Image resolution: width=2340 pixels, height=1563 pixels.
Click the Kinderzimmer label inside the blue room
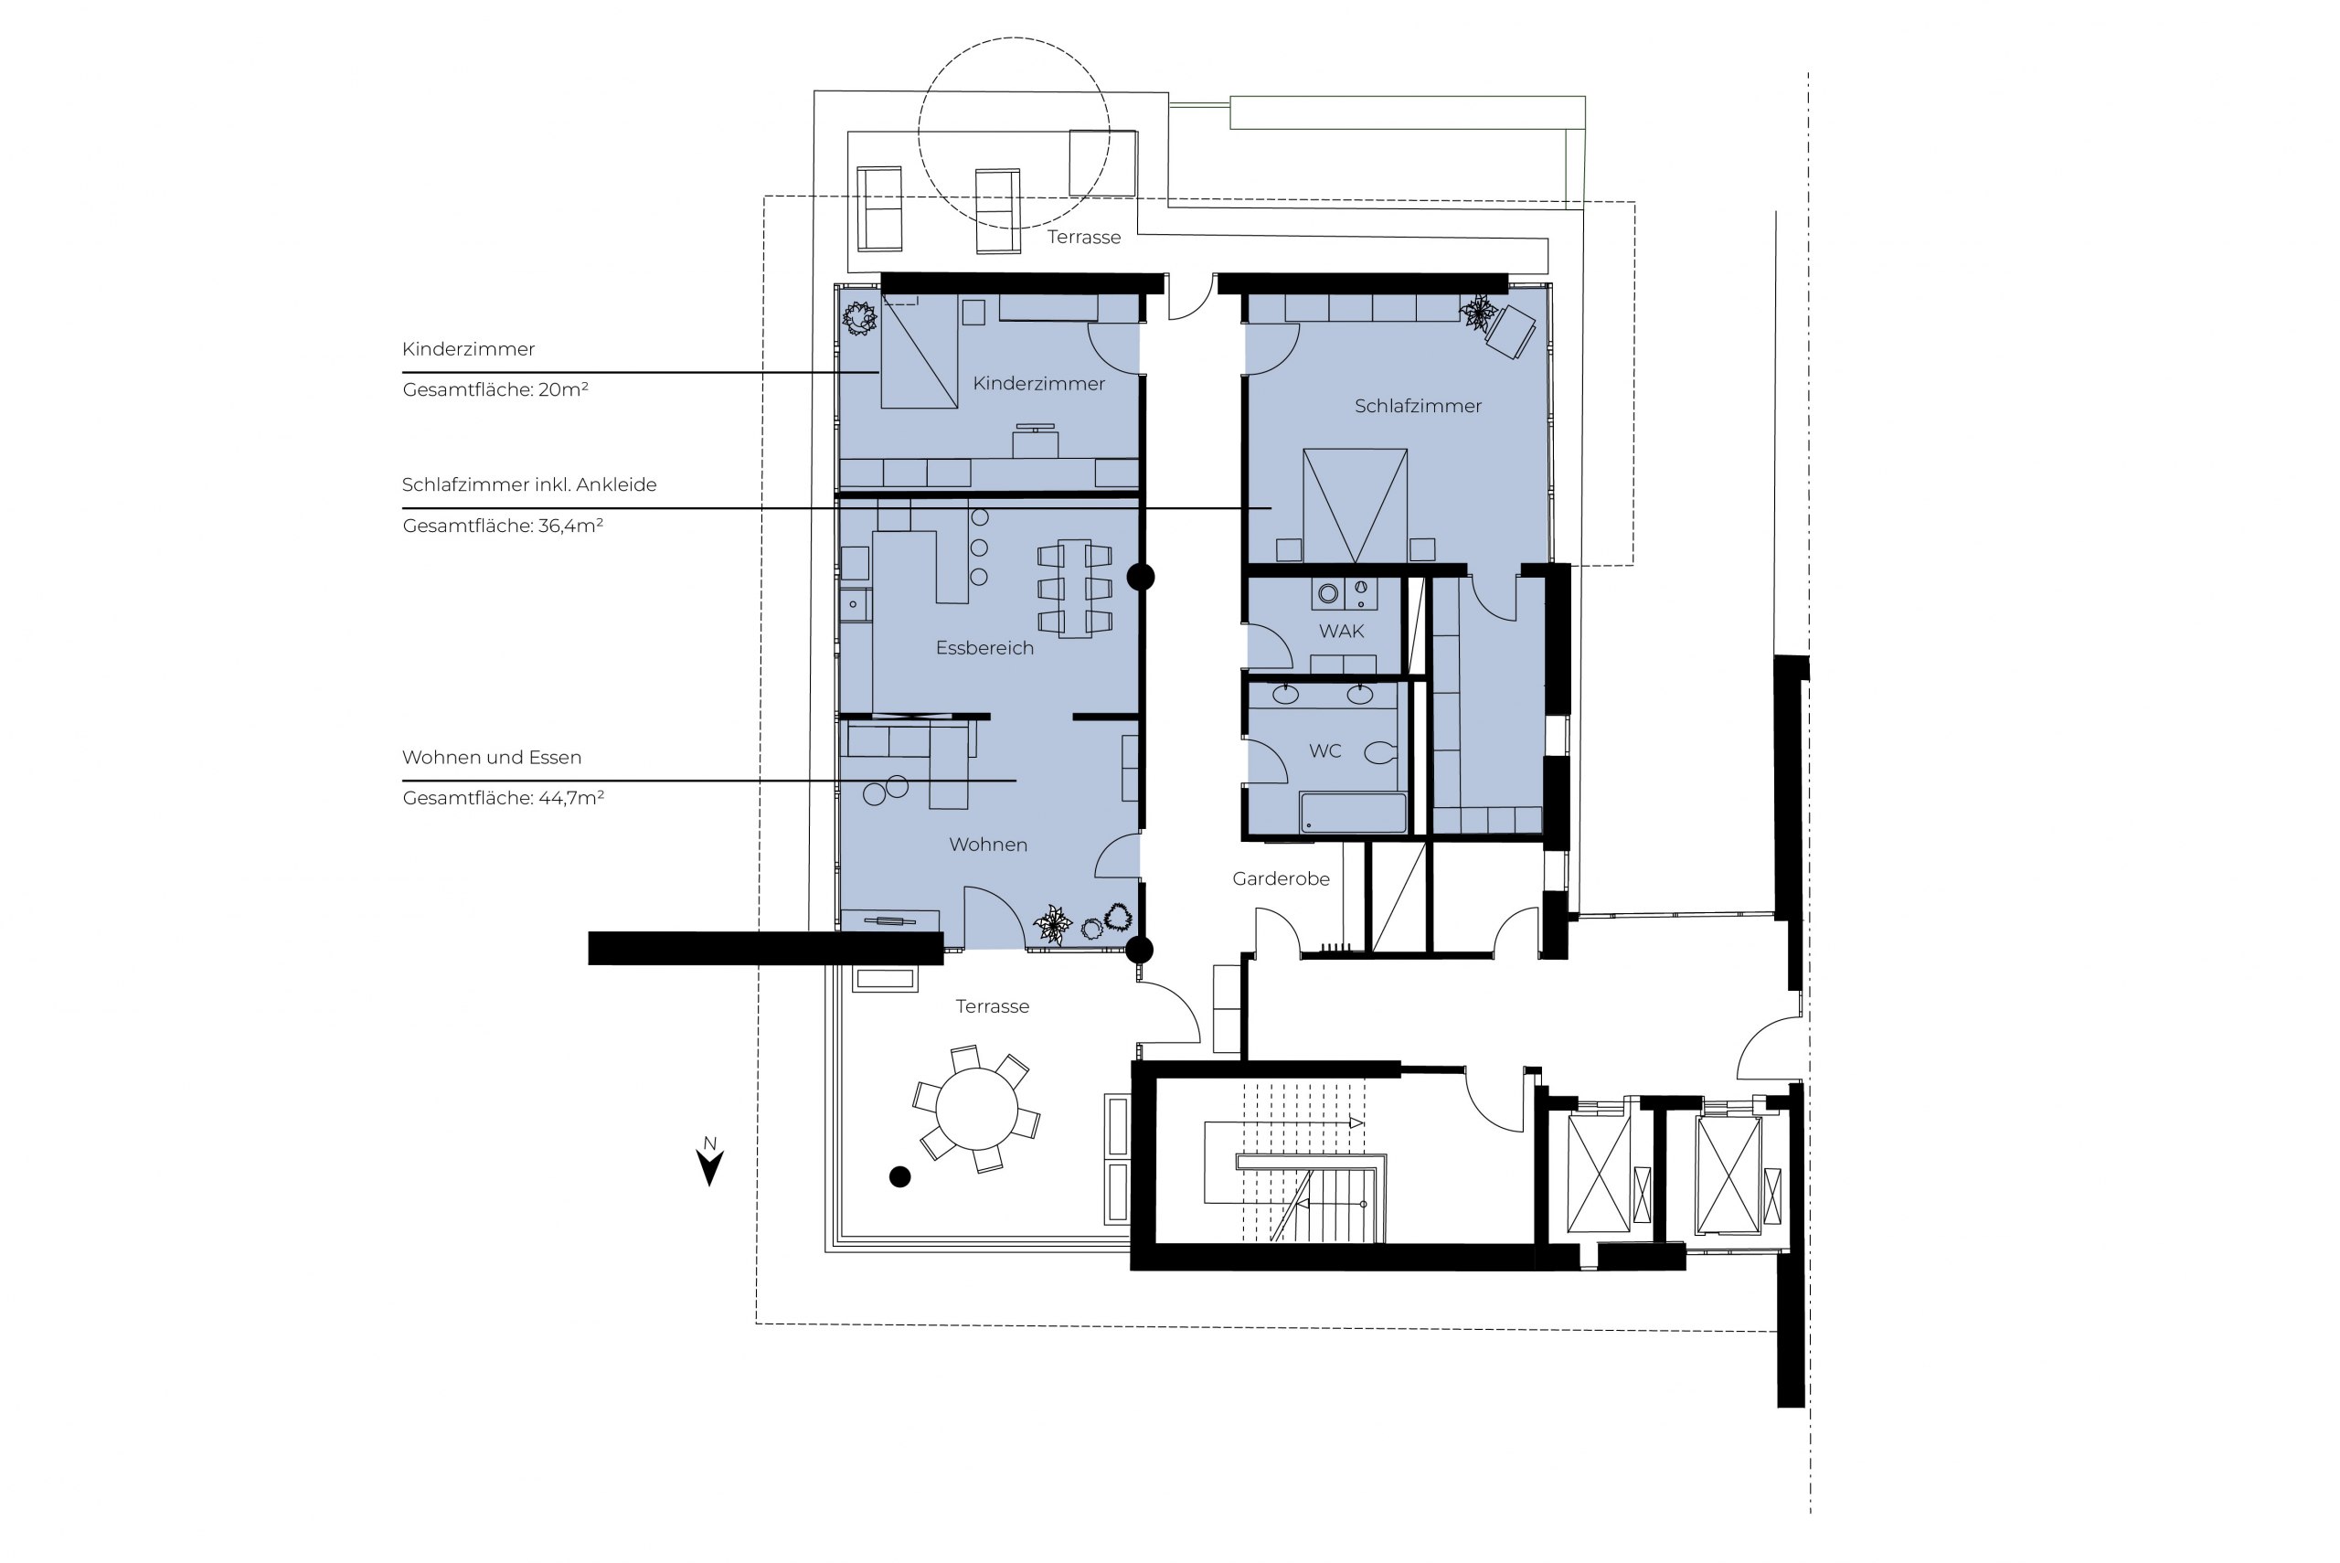(x=1038, y=384)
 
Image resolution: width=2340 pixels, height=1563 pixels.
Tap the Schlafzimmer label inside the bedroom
(x=1417, y=406)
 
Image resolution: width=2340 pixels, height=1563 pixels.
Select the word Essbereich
(x=984, y=648)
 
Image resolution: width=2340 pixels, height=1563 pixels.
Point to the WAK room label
(x=1342, y=631)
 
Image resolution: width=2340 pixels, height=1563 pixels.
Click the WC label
(x=1324, y=750)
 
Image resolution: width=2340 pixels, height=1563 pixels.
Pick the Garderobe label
(x=1281, y=878)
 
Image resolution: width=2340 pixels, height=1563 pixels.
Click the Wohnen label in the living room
(x=987, y=845)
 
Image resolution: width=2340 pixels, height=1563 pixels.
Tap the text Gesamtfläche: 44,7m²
(x=504, y=797)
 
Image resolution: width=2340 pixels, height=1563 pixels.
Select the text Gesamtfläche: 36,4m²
(x=503, y=526)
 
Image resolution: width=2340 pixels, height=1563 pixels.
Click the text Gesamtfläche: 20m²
(x=495, y=388)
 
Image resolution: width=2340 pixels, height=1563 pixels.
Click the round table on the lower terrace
(x=976, y=1109)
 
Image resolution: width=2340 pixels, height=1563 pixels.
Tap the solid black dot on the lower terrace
(x=900, y=1177)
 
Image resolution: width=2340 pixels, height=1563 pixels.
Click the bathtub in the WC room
(x=1354, y=813)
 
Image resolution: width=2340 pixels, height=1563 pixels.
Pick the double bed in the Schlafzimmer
(x=1356, y=506)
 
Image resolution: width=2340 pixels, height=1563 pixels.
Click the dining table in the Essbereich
(x=1074, y=588)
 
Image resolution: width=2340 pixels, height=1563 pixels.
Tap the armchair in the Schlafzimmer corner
(x=1510, y=331)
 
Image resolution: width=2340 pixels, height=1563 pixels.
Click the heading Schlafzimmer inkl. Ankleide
(x=529, y=484)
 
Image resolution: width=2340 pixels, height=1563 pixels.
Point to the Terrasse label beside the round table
(x=992, y=1006)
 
